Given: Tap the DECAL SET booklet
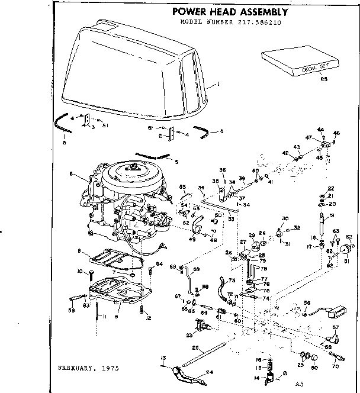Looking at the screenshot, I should pyautogui.click(x=295, y=60).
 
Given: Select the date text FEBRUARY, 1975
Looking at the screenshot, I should pyautogui.click(x=88, y=368).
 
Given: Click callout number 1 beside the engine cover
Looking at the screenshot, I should pyautogui.click(x=218, y=85).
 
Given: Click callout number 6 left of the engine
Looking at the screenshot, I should pyautogui.click(x=70, y=174).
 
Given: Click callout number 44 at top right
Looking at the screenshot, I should pyautogui.click(x=320, y=129).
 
